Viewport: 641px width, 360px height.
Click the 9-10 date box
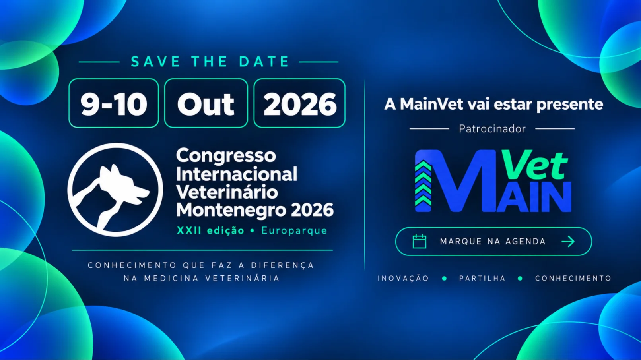tap(114, 103)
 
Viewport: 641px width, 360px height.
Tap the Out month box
tap(206, 103)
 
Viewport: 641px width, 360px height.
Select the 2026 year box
tap(299, 103)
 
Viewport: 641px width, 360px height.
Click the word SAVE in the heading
tap(155, 62)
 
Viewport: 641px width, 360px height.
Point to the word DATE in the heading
tap(264, 62)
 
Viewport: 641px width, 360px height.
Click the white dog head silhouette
tap(120, 186)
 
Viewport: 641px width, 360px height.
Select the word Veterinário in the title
tap(227, 192)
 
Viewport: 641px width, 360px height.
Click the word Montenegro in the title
tap(231, 210)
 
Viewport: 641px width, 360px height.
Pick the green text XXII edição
tap(211, 230)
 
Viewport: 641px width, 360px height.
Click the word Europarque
tap(294, 230)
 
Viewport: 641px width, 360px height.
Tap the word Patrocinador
tap(492, 129)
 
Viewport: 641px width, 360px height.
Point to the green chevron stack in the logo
tap(423, 183)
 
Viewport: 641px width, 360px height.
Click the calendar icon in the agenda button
tap(420, 242)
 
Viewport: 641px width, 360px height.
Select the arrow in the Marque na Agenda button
tap(568, 242)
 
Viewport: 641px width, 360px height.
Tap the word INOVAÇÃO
tap(403, 278)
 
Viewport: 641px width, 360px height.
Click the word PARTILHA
tap(482, 278)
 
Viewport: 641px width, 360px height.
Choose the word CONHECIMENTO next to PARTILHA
tap(573, 278)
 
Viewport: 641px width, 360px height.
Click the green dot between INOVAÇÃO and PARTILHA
tap(445, 278)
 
